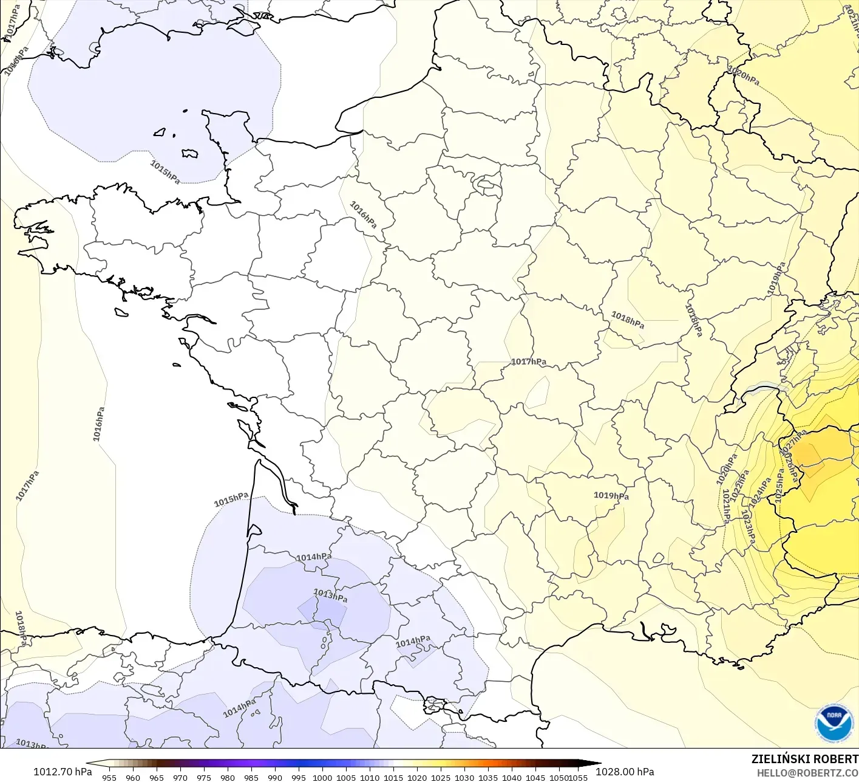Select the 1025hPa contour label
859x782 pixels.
779,485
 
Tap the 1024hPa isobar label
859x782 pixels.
759,492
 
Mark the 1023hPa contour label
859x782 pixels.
749,526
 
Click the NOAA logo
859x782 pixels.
834,723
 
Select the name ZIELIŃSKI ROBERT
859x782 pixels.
804,759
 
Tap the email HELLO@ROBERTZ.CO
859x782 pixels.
807,772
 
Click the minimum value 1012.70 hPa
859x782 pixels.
63,772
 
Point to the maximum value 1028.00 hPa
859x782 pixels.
625,772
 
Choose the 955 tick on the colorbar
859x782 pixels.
109,777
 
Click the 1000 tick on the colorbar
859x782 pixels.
322,777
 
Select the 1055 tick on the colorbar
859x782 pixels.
579,777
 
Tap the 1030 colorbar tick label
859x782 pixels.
464,777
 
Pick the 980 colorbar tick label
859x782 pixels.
228,777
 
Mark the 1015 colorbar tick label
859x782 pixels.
393,777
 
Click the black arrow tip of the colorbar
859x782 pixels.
597,764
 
